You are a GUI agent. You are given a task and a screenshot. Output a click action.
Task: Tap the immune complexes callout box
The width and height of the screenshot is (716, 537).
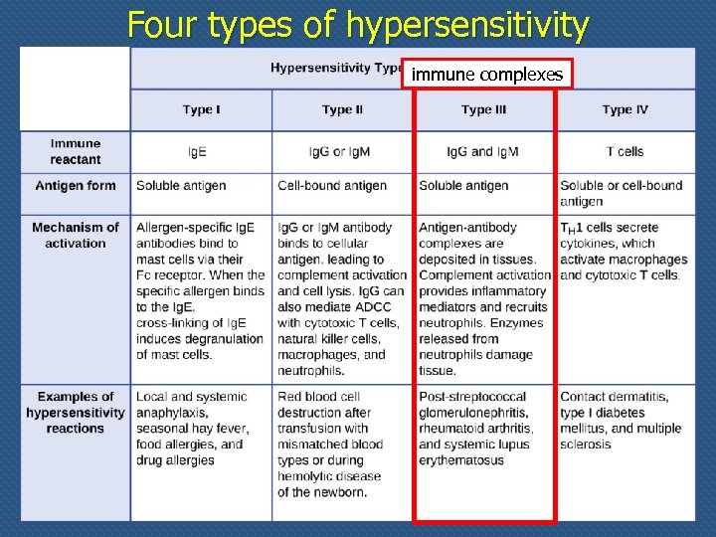pyautogui.click(x=487, y=75)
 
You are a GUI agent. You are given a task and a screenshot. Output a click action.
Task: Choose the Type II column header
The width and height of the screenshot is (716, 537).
pyautogui.click(x=343, y=109)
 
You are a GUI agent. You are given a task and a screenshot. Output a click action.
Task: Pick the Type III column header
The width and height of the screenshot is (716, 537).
pyautogui.click(x=484, y=109)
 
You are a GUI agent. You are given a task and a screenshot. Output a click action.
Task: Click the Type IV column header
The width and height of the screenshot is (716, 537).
pyautogui.click(x=625, y=109)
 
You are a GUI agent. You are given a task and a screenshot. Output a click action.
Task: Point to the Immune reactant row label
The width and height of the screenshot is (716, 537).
pyautogui.click(x=76, y=151)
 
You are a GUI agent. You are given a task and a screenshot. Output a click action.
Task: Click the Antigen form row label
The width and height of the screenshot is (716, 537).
pyautogui.click(x=76, y=186)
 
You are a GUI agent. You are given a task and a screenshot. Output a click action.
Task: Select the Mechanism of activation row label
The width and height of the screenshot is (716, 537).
pyautogui.click(x=76, y=235)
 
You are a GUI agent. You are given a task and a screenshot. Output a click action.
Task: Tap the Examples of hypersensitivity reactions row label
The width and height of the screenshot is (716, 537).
pyautogui.click(x=76, y=413)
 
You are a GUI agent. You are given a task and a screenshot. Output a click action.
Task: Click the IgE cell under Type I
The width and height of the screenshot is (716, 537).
pyautogui.click(x=199, y=152)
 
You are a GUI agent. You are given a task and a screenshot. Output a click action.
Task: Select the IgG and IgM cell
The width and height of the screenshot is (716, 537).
pyautogui.click(x=483, y=152)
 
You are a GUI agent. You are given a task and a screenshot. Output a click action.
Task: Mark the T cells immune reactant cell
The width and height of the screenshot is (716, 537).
pyautogui.click(x=625, y=152)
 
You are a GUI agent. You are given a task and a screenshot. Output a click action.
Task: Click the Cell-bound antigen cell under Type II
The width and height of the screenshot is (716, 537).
pyautogui.click(x=332, y=186)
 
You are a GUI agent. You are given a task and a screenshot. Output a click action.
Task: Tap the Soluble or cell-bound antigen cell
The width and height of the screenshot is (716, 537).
pyautogui.click(x=621, y=193)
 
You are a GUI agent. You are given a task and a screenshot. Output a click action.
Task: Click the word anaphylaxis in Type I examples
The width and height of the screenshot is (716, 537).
pyautogui.click(x=172, y=413)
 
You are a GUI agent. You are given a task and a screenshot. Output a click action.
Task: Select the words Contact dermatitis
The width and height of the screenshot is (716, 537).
pyautogui.click(x=614, y=397)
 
